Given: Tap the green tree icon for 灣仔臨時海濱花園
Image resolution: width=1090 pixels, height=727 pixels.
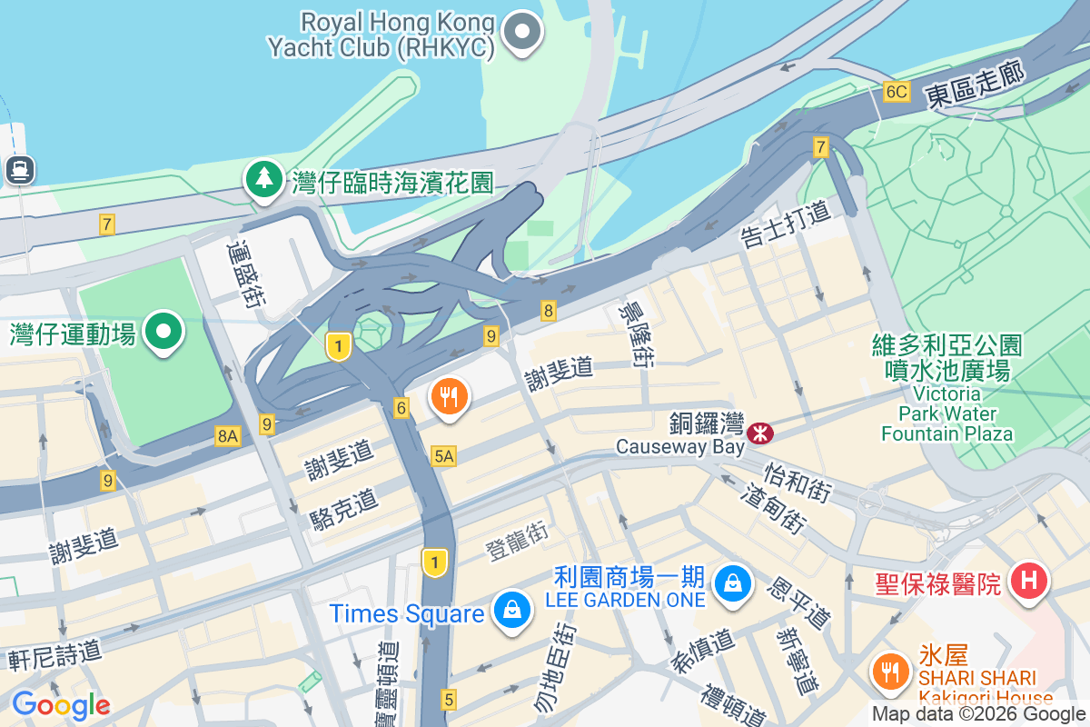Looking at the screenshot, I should pyautogui.click(x=264, y=178).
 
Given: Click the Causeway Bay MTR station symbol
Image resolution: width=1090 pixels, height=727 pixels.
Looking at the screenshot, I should pyautogui.click(x=759, y=433).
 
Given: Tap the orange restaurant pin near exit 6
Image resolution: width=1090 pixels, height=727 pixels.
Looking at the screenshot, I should pyautogui.click(x=449, y=396).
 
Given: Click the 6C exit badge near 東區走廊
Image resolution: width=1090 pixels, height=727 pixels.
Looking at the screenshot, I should pyautogui.click(x=896, y=92).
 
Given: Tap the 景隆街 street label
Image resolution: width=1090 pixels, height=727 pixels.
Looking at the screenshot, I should pyautogui.click(x=635, y=334).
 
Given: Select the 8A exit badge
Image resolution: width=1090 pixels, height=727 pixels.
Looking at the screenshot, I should pyautogui.click(x=227, y=437).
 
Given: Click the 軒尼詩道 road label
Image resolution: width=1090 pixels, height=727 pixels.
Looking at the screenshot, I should pyautogui.click(x=54, y=654).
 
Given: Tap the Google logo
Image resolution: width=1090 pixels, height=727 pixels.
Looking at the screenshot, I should pyautogui.click(x=61, y=704).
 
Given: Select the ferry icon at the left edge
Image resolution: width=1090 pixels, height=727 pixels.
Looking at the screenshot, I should pyautogui.click(x=19, y=169).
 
